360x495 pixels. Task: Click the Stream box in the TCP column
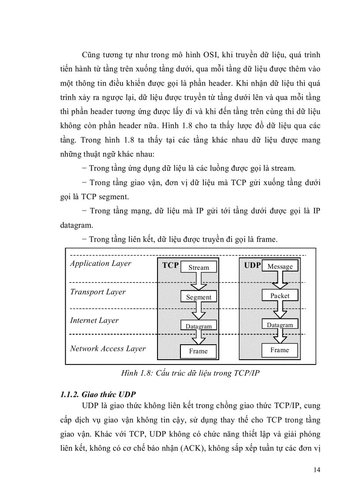click(x=199, y=267)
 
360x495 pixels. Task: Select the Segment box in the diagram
click(x=199, y=297)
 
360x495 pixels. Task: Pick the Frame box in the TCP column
click(x=199, y=351)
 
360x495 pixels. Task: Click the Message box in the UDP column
click(x=280, y=266)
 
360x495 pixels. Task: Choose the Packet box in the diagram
click(x=280, y=296)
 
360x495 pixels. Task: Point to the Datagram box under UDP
click(x=280, y=325)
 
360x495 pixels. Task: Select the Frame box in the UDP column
click(x=280, y=350)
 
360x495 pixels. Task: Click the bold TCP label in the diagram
click(x=170, y=265)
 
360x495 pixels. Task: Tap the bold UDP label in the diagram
click(x=253, y=265)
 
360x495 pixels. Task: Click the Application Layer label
click(x=101, y=264)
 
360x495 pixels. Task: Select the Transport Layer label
click(x=97, y=292)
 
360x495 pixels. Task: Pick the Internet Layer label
click(x=94, y=320)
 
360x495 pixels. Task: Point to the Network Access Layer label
click(x=108, y=349)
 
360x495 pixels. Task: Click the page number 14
click(x=317, y=470)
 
